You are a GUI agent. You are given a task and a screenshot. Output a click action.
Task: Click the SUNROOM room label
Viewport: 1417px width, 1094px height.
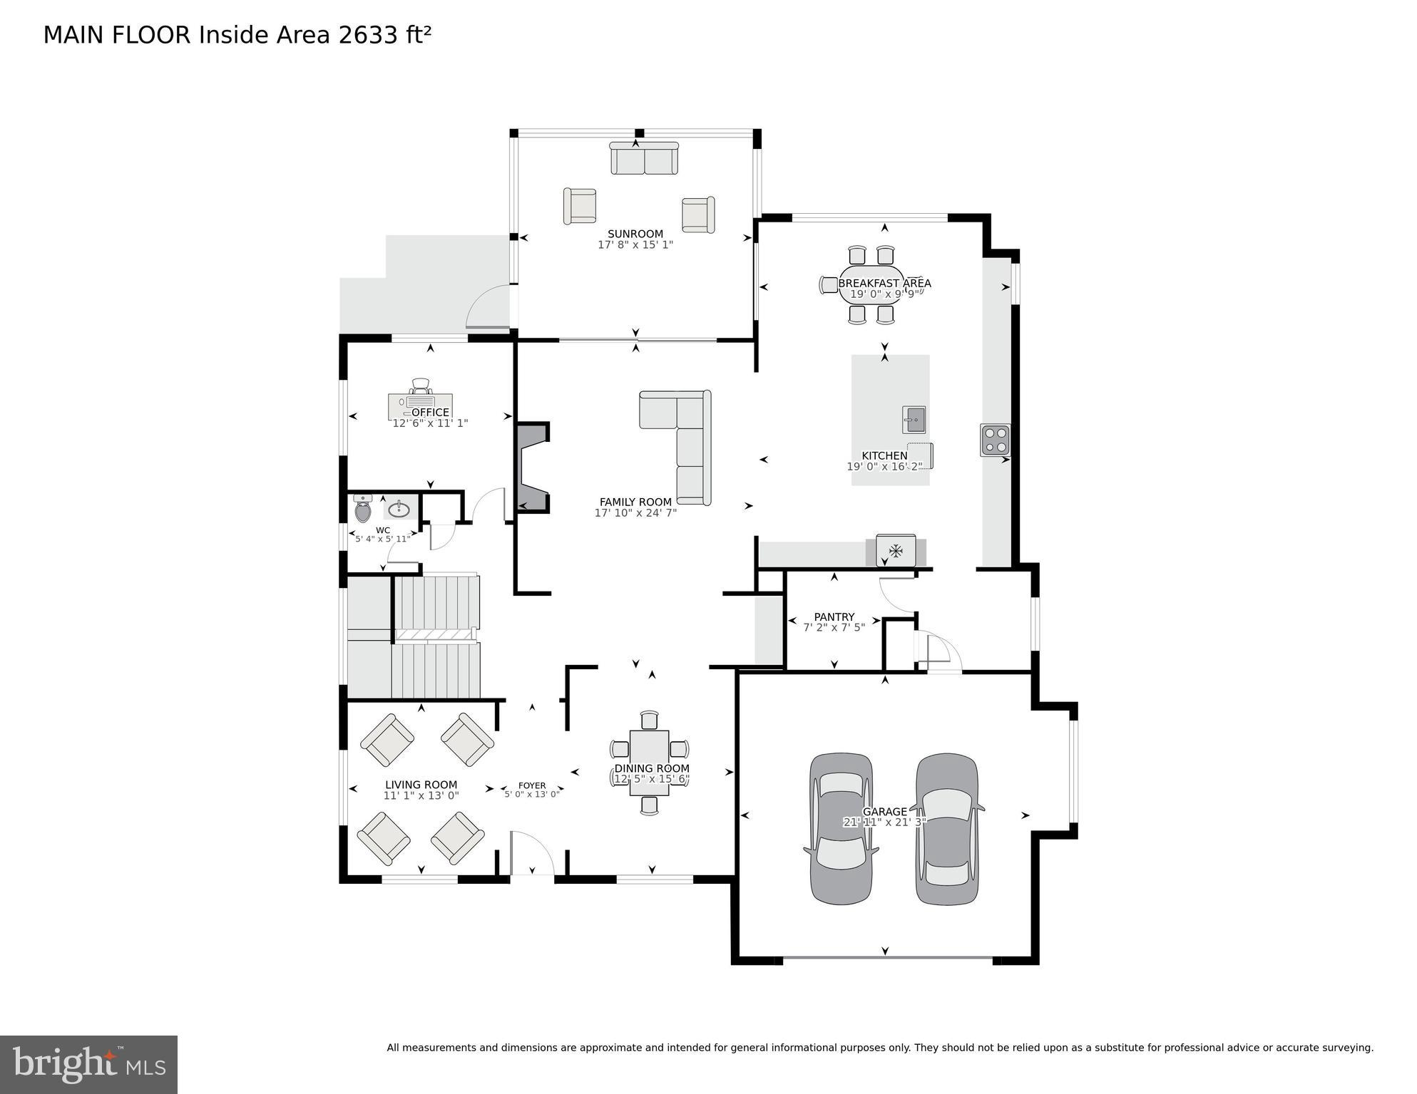click(x=635, y=234)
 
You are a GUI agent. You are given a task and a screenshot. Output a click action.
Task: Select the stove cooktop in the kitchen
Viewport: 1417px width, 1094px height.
click(x=995, y=440)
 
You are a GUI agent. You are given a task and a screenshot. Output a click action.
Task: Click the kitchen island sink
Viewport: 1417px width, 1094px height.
click(x=914, y=420)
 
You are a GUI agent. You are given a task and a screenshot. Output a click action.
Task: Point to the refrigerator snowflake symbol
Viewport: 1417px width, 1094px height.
click(x=896, y=550)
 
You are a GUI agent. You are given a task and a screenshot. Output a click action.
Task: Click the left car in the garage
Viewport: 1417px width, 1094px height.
click(x=840, y=828)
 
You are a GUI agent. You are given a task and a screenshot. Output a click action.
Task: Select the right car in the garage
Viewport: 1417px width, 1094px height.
click(x=947, y=828)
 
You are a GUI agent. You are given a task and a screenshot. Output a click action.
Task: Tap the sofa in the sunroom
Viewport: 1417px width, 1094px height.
click(x=644, y=159)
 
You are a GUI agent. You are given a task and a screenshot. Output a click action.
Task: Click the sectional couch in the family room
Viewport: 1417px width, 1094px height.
click(x=685, y=442)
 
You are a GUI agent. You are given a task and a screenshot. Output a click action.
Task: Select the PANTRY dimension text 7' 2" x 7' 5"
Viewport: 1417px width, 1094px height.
click(x=834, y=628)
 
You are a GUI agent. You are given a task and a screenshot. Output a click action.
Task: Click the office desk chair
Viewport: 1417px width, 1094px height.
click(x=421, y=386)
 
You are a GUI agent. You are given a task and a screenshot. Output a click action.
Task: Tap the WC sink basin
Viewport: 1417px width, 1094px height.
click(x=399, y=509)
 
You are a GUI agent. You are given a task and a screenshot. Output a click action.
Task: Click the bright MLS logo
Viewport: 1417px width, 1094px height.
click(x=88, y=1065)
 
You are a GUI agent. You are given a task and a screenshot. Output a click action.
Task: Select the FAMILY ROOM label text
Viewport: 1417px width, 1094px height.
click(x=635, y=502)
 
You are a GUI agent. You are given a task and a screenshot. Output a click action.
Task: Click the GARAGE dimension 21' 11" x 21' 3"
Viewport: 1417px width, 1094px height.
click(x=884, y=822)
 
